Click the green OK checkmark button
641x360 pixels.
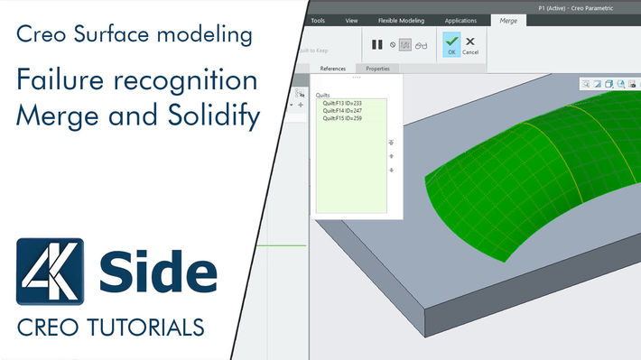click(x=451, y=44)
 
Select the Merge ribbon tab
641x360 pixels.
click(x=508, y=20)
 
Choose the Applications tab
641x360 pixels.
click(x=460, y=20)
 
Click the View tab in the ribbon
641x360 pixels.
click(x=352, y=20)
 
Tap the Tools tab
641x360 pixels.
click(x=318, y=20)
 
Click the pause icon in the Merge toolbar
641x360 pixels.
click(x=377, y=44)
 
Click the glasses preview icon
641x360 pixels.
click(x=421, y=44)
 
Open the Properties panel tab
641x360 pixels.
click(x=377, y=69)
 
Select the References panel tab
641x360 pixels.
click(x=332, y=69)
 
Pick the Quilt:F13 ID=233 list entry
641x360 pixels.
click(x=342, y=104)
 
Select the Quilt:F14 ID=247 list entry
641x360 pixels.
click(x=342, y=111)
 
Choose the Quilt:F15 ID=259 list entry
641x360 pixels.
click(x=342, y=118)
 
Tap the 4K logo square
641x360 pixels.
click(x=50, y=272)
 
